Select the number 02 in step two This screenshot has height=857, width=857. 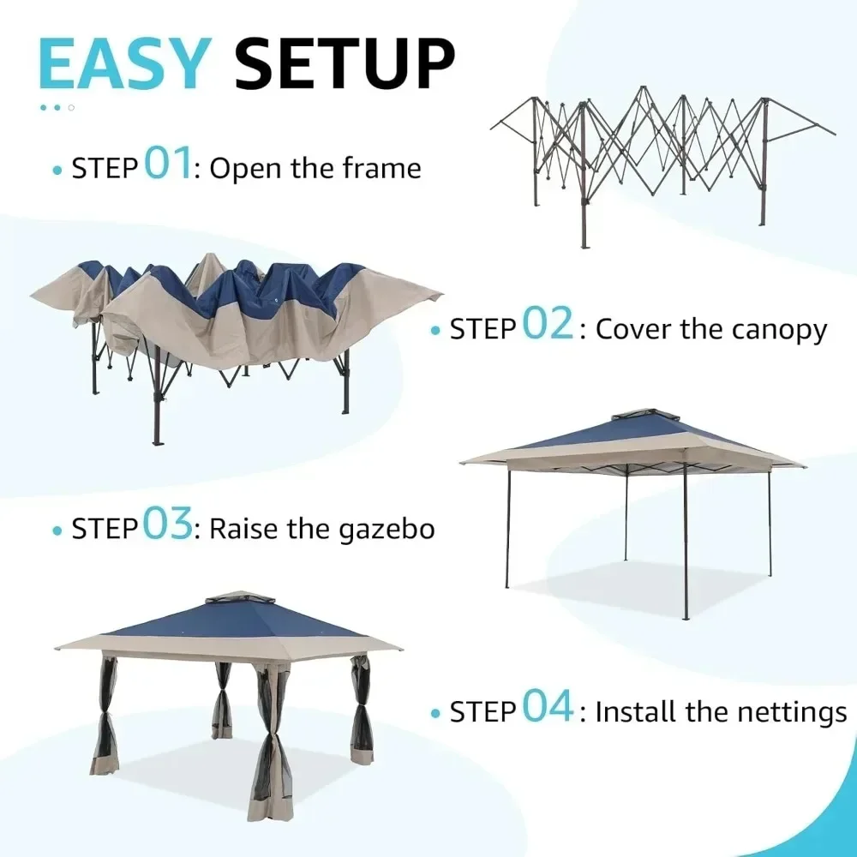[x=548, y=326]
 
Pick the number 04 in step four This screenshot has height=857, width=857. [x=548, y=709]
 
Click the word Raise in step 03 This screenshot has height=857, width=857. [x=244, y=529]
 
